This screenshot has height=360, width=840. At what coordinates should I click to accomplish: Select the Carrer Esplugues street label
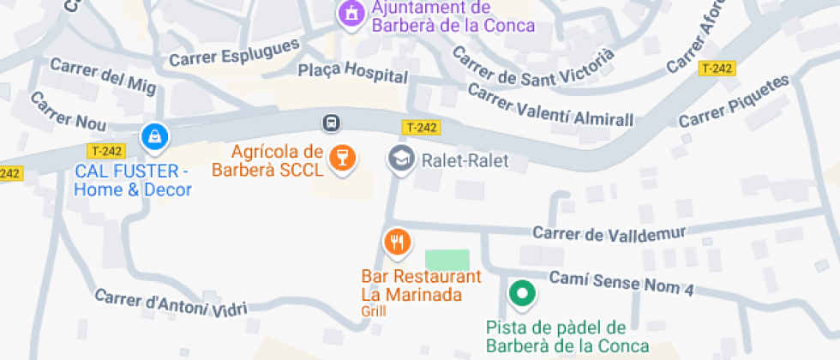(234, 53)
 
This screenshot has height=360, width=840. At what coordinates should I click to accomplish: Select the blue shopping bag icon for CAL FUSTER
(154, 135)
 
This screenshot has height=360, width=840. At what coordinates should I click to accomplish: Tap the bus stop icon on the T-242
(331, 123)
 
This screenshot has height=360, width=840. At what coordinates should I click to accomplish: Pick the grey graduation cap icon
(400, 159)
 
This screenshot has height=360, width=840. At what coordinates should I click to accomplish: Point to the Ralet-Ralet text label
(465, 160)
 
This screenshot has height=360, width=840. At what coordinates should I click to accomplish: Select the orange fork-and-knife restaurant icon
(396, 243)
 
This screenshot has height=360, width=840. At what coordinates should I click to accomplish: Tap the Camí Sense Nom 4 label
(621, 283)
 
